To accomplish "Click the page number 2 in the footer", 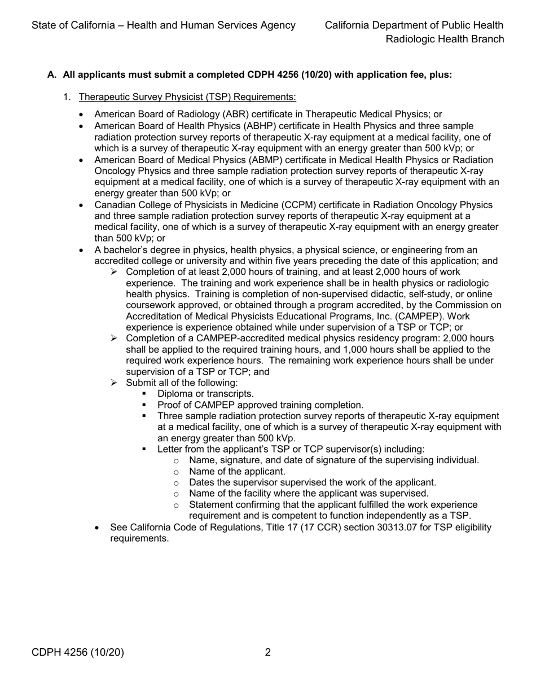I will pos(268,653).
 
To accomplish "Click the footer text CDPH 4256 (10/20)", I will pos(77,653).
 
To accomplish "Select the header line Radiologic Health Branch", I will pos(445,39).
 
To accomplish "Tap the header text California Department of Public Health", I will pos(414,25).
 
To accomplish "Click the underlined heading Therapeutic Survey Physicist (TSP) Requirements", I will pos(187,97).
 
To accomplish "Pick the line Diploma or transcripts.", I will pos(205,393).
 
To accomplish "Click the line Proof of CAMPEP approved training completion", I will pos(260,405).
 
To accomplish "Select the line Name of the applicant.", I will pos(237,471).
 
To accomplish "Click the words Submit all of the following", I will pos(182,383).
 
